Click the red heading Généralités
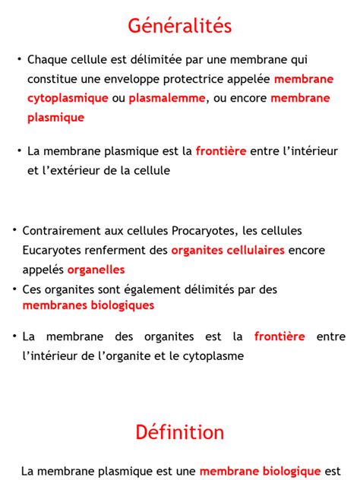(x=180, y=26)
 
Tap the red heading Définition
(x=180, y=433)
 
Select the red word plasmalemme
(x=167, y=98)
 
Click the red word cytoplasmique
(x=67, y=98)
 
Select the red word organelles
(x=96, y=270)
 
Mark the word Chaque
(x=47, y=59)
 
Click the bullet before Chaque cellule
(x=18, y=58)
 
